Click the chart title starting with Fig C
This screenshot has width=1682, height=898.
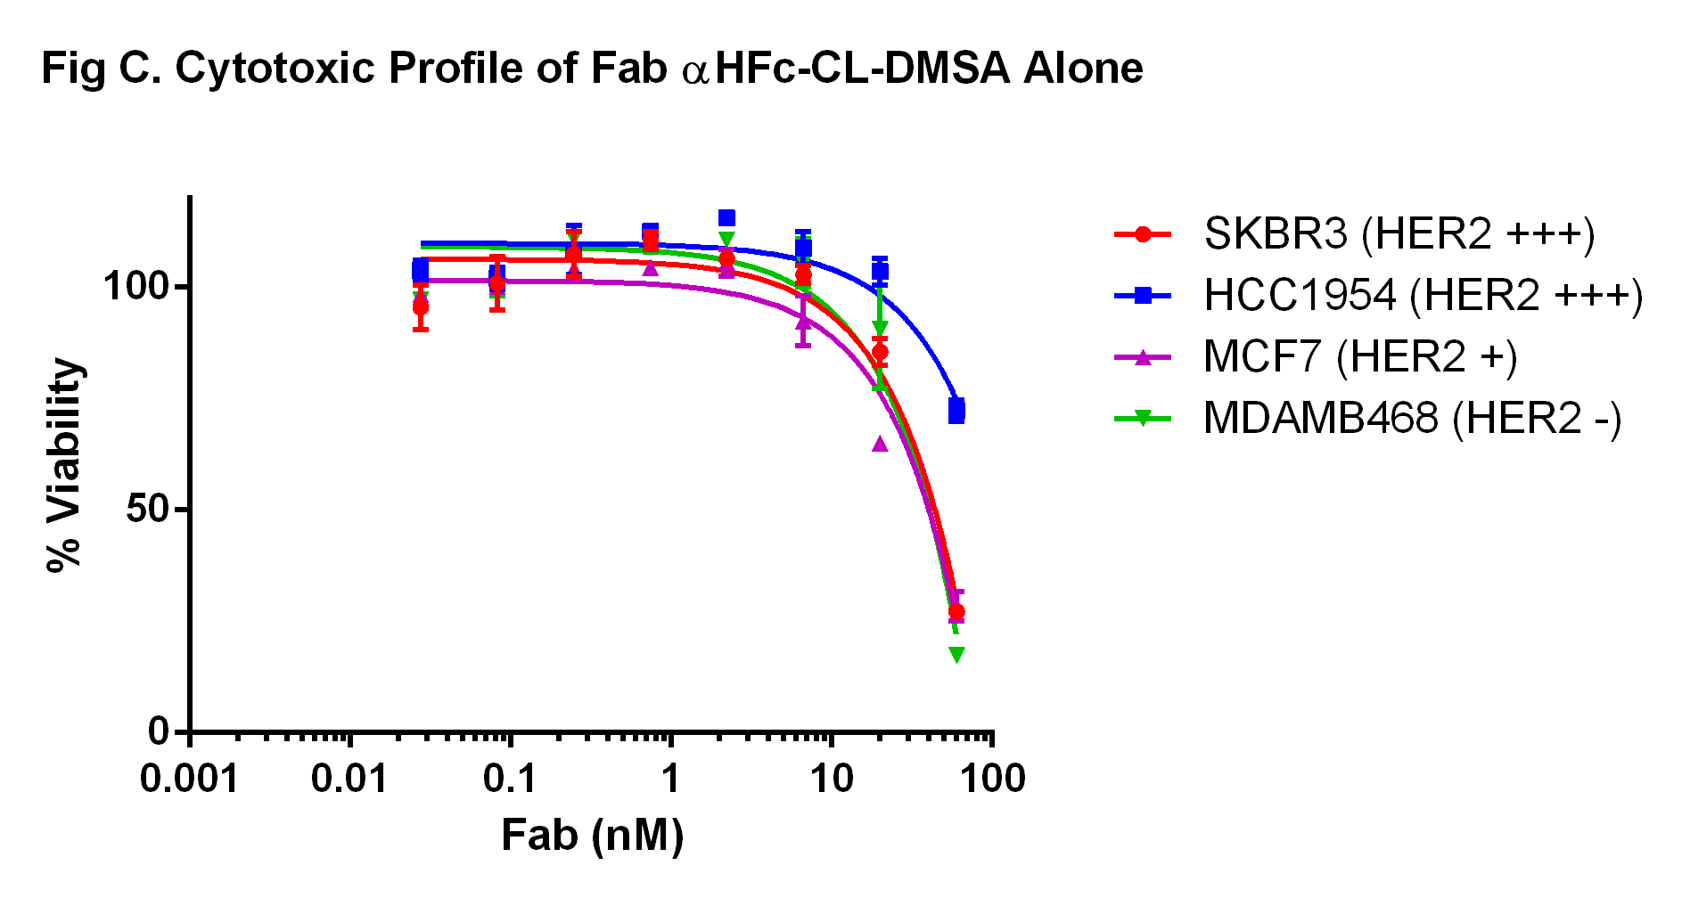592,69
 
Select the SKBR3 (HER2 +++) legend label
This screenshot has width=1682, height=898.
1399,234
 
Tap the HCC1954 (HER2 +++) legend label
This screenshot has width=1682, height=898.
1423,296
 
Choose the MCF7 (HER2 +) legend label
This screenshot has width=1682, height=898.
1359,357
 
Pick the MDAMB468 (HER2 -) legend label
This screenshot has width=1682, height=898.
1412,419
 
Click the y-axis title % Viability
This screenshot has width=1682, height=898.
64,464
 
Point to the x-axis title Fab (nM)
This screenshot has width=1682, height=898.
592,836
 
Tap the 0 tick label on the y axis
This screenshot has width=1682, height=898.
159,731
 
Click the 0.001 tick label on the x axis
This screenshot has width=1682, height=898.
189,780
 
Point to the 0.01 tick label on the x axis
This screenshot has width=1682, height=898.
349,780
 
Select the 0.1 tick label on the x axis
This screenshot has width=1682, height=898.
510,780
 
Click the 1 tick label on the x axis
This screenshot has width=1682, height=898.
670,780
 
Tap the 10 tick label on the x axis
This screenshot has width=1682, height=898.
831,780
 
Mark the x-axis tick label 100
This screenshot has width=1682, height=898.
991,780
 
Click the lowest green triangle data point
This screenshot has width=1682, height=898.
956,655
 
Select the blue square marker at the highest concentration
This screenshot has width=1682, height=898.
956,411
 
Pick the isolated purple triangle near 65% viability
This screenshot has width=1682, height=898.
880,444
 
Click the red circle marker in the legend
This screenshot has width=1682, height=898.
1143,234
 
